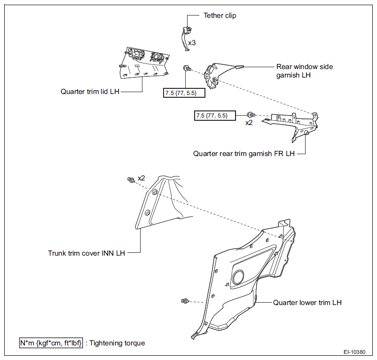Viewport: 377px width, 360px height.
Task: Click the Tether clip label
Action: pyautogui.click(x=220, y=16)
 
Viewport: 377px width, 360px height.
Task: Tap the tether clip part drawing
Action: pyautogui.click(x=185, y=39)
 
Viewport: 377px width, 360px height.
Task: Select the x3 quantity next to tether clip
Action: pyautogui.click(x=192, y=43)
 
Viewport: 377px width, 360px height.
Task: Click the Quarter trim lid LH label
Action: pyautogui.click(x=90, y=92)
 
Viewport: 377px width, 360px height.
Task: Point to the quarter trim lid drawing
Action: pyautogui.click(x=144, y=63)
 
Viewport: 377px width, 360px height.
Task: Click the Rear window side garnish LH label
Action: pyautogui.click(x=305, y=71)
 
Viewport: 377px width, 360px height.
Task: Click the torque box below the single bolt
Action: pyautogui.click(x=184, y=93)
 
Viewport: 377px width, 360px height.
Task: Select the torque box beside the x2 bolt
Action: pyautogui.click(x=215, y=116)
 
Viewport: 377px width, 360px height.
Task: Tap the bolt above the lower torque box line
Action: pyautogui.click(x=187, y=68)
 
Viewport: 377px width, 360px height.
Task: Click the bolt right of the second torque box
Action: pyautogui.click(x=251, y=115)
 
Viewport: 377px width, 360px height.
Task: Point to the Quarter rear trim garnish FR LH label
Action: pyautogui.click(x=244, y=154)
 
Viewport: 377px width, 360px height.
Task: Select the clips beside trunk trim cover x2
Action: pyautogui.click(x=131, y=180)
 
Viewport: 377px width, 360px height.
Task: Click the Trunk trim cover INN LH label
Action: pyautogui.click(x=86, y=253)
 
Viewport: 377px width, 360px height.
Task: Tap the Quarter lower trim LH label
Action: pyautogui.click(x=307, y=303)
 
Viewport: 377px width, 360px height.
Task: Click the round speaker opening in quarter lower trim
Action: pyautogui.click(x=238, y=277)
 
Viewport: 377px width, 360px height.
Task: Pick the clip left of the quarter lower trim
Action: pyautogui.click(x=185, y=301)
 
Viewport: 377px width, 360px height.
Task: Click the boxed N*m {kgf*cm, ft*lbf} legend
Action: pyautogui.click(x=51, y=343)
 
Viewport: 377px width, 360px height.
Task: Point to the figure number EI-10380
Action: pyautogui.click(x=354, y=352)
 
